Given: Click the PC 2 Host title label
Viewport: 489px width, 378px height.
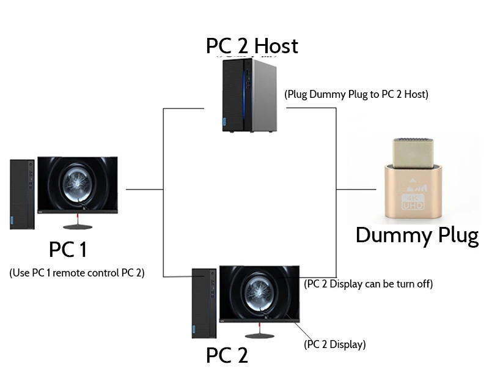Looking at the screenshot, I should pos(252,46).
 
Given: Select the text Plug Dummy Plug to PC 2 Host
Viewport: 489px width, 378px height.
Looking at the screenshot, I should pos(356,94).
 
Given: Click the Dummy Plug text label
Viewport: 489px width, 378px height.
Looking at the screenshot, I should pos(417,235).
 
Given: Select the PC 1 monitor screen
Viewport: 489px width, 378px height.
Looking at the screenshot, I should pos(78,184).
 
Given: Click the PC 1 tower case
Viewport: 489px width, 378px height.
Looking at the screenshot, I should pos(22,193).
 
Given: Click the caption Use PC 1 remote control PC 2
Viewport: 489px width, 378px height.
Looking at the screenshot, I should pos(77,273).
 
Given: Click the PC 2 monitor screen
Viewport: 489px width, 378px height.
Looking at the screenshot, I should pos(259,292).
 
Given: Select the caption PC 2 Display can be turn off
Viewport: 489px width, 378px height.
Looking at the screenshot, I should pos(369,284).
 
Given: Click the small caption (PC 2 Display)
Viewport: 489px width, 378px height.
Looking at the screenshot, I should pos(335,344).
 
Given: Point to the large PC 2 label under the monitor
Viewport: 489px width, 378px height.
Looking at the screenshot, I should pos(227,355).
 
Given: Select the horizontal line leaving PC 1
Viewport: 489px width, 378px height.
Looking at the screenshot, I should pos(144,190).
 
